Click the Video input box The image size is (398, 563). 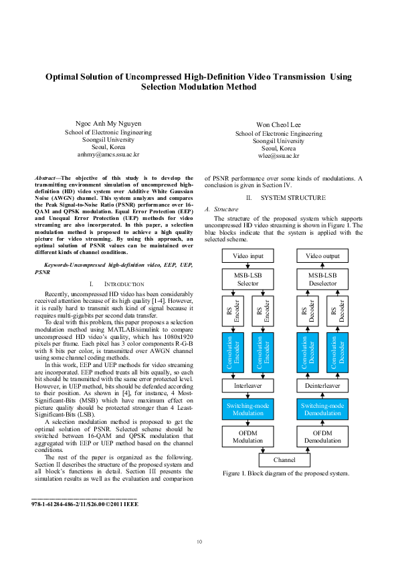pos(248,256)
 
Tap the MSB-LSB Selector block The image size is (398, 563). pos(248,279)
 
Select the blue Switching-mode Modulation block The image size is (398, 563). pos(248,410)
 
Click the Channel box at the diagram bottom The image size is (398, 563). pos(284,460)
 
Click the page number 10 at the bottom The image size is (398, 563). pos(199,541)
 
